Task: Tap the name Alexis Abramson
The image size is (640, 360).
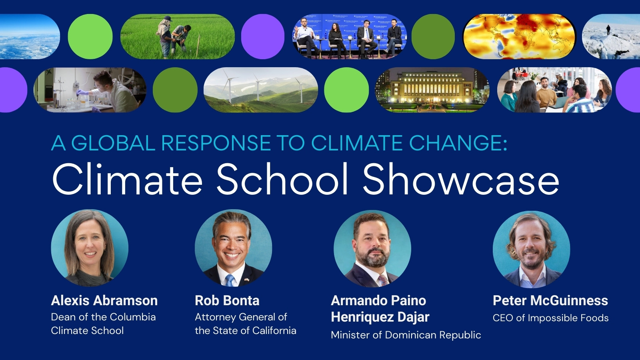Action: (x=104, y=300)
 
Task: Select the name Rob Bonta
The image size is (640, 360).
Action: (x=227, y=300)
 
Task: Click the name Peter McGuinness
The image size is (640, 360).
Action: (x=550, y=300)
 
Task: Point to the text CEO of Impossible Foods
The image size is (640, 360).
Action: (x=550, y=318)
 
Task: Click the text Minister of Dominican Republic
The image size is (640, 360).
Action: (x=406, y=335)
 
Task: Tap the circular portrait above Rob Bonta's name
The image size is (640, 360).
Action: (x=233, y=248)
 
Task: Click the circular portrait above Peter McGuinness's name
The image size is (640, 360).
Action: (x=531, y=249)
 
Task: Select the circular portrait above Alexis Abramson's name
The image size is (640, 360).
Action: (x=90, y=248)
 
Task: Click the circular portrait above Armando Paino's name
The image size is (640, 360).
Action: (x=372, y=249)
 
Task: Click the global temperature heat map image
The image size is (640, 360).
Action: (x=519, y=37)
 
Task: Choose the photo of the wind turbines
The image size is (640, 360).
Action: (x=260, y=90)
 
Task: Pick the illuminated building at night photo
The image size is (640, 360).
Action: (x=432, y=90)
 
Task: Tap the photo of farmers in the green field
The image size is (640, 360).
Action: (x=177, y=37)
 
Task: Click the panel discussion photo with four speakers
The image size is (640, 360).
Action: (x=349, y=37)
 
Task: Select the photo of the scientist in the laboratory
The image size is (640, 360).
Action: (x=90, y=90)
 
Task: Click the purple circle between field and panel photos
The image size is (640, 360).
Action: (x=263, y=37)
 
